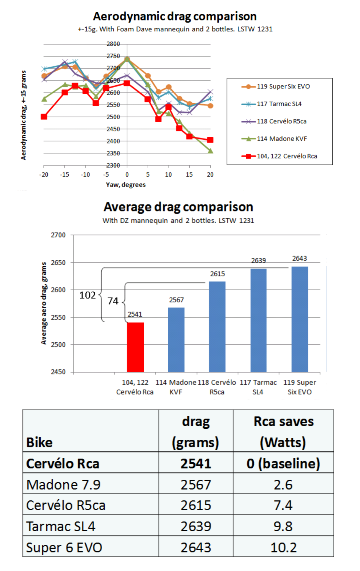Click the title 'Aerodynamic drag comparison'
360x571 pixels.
tap(175, 17)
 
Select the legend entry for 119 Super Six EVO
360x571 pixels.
tap(283, 87)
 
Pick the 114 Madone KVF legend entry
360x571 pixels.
tap(281, 139)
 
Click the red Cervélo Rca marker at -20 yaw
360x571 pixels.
tap(44, 116)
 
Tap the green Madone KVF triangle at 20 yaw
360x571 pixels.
tap(210, 151)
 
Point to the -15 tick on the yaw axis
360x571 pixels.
tap(65, 175)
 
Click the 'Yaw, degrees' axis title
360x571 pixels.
tap(126, 185)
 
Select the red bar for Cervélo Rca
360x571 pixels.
tap(135, 347)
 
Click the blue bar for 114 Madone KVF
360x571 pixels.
tap(176, 340)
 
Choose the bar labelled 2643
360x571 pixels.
tap(300, 319)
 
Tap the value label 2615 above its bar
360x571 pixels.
tap(217, 274)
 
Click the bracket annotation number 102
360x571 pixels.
tap(87, 295)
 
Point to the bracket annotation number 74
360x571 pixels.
tap(113, 301)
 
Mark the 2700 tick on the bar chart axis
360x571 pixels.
tap(58, 235)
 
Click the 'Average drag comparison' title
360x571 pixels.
tap(178, 207)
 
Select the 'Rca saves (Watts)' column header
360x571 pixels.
tap(283, 432)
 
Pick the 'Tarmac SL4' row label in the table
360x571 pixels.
tap(61, 526)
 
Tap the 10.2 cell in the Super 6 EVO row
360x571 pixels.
tap(283, 547)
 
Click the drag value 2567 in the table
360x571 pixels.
tap(196, 484)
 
